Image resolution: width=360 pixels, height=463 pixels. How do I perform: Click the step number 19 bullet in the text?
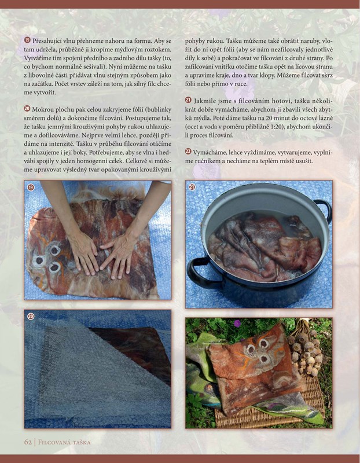27,40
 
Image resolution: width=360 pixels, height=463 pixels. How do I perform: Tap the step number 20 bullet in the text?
27,109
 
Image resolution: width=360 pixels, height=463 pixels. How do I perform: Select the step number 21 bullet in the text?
189,100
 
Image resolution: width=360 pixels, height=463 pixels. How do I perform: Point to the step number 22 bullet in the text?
189,152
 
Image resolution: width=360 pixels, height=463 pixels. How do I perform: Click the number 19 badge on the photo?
31,187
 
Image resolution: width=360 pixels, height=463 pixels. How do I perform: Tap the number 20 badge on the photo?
31,317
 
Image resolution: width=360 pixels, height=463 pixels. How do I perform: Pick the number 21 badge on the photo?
192,187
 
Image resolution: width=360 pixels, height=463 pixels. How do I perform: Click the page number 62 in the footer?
28,442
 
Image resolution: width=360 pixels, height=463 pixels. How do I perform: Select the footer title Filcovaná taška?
64,442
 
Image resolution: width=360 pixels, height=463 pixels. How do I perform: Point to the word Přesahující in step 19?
47,41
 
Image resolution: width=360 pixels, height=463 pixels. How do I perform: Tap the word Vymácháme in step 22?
207,152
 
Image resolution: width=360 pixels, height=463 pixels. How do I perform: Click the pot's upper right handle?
324,209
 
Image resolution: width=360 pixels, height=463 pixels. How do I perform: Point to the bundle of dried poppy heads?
305,348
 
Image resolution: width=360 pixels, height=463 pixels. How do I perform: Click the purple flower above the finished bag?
237,324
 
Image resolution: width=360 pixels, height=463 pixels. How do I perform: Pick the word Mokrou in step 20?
42,109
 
